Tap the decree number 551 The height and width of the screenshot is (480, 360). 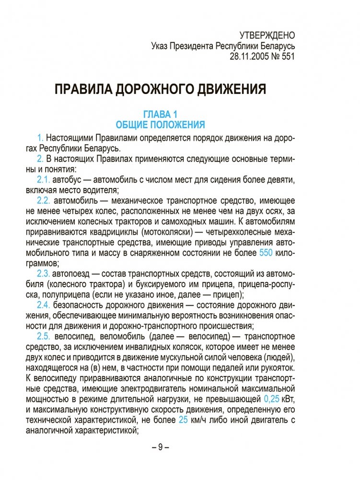pos(287,56)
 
